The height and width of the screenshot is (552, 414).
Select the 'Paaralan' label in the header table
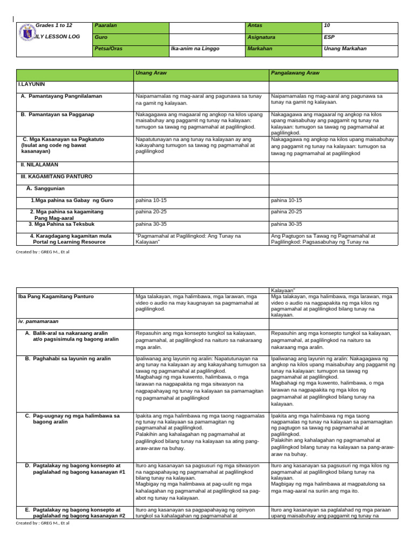[x=106, y=26]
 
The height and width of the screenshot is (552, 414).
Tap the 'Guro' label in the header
[x=100, y=37]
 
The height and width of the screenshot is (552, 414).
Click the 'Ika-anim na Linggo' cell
[x=195, y=49]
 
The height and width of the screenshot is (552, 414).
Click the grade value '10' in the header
[x=327, y=26]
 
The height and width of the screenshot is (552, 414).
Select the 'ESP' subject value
[x=329, y=37]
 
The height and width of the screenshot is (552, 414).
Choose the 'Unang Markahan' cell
[x=345, y=49]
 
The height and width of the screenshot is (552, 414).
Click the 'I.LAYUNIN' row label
[x=32, y=85]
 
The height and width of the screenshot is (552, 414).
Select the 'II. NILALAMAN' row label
[x=39, y=164]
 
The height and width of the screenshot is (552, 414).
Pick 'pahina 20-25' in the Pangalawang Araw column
[x=286, y=212]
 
